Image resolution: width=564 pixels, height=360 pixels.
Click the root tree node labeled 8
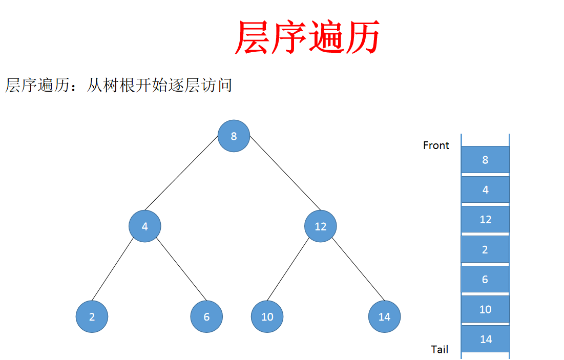coord(234,136)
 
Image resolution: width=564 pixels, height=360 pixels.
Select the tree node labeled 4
coord(145,226)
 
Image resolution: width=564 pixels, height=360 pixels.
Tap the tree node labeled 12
coord(321,226)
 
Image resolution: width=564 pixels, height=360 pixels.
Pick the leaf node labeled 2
coord(92,316)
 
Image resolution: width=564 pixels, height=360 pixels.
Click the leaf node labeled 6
coord(206,316)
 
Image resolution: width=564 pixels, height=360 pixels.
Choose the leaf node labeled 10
coord(267,316)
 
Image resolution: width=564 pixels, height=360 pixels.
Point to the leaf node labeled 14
coord(384,316)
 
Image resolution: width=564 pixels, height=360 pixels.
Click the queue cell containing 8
coord(485,159)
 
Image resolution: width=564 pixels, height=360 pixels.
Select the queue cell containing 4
coord(485,189)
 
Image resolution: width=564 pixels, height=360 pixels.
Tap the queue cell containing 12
coord(485,219)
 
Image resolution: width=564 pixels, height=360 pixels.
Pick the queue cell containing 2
coord(485,249)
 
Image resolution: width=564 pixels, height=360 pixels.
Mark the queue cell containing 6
coord(485,279)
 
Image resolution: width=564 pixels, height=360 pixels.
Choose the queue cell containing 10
coord(485,309)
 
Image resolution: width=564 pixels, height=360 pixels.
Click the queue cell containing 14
coord(485,338)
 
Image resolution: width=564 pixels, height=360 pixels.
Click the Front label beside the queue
coord(436,145)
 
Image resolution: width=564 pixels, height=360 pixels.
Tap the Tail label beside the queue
coord(440,349)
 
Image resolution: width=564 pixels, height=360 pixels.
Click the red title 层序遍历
coord(307,37)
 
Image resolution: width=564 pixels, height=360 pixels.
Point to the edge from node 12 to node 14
coord(358,270)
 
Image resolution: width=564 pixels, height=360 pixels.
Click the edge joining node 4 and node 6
coord(180,269)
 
